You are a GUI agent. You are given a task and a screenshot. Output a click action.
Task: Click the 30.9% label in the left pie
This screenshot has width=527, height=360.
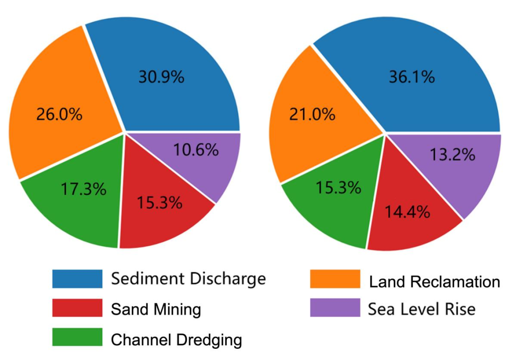[161, 77]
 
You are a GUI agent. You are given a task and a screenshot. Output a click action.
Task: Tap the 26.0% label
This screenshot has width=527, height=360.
[60, 115]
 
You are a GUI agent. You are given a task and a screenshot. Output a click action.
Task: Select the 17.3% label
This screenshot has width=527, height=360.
[83, 189]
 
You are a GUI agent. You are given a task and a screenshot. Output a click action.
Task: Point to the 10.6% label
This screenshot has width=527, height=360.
[196, 150]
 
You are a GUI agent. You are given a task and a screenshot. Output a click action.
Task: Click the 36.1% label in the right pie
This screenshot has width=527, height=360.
[411, 77]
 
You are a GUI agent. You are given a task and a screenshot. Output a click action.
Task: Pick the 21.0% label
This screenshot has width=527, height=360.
[312, 115]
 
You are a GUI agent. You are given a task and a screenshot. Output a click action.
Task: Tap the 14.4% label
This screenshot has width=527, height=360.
[407, 211]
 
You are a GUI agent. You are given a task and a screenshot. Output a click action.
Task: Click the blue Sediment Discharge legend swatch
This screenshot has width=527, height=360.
[77, 279]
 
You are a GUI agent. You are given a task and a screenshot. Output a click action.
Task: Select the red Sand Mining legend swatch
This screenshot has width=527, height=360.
[77, 308]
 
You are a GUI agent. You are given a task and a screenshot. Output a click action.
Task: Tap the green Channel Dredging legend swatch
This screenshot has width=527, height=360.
[77, 338]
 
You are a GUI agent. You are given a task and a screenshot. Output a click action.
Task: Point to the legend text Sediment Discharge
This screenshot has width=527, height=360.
[188, 279]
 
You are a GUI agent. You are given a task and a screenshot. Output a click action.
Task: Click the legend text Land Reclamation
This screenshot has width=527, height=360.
[434, 282]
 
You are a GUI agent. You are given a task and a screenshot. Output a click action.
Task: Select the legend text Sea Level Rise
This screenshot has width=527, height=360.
[422, 309]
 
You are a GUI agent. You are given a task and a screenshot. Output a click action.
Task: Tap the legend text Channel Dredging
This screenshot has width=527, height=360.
[176, 340]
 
